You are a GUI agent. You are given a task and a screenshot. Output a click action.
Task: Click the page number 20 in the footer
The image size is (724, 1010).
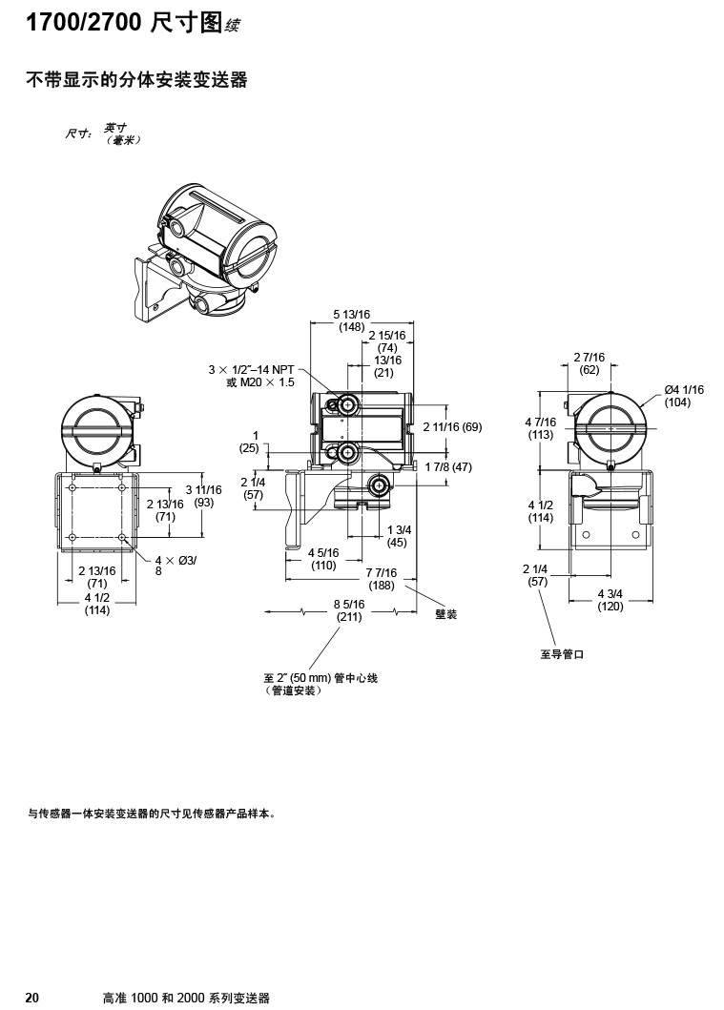(31, 998)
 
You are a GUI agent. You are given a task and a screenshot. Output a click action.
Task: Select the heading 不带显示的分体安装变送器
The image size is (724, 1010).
(135, 81)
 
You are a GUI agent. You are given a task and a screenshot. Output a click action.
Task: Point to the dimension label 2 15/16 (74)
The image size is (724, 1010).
(386, 341)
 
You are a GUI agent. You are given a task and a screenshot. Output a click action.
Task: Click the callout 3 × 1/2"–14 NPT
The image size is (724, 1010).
(252, 369)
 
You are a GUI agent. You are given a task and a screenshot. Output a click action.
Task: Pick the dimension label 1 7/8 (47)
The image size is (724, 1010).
(448, 466)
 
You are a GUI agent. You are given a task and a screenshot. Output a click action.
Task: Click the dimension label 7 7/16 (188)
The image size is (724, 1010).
(381, 579)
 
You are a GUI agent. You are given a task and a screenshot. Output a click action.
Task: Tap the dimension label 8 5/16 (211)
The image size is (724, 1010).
(348, 609)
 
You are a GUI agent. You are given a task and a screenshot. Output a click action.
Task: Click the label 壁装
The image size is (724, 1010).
(445, 614)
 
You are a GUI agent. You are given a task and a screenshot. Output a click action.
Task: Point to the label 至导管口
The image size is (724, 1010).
(561, 654)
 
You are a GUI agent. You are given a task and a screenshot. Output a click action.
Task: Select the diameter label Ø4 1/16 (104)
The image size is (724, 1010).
(684, 396)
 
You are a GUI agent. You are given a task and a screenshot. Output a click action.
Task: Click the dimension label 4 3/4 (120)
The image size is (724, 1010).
(610, 599)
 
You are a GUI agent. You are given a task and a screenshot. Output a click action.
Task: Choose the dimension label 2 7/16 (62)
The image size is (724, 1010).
(589, 363)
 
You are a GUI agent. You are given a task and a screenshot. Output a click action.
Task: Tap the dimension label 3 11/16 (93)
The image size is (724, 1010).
(203, 495)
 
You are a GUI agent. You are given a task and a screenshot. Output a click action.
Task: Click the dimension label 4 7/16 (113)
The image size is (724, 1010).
(541, 427)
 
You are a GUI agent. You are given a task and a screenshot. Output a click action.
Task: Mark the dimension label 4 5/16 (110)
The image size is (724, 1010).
(323, 558)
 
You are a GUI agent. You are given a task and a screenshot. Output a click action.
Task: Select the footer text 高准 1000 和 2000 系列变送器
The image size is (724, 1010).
(186, 998)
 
